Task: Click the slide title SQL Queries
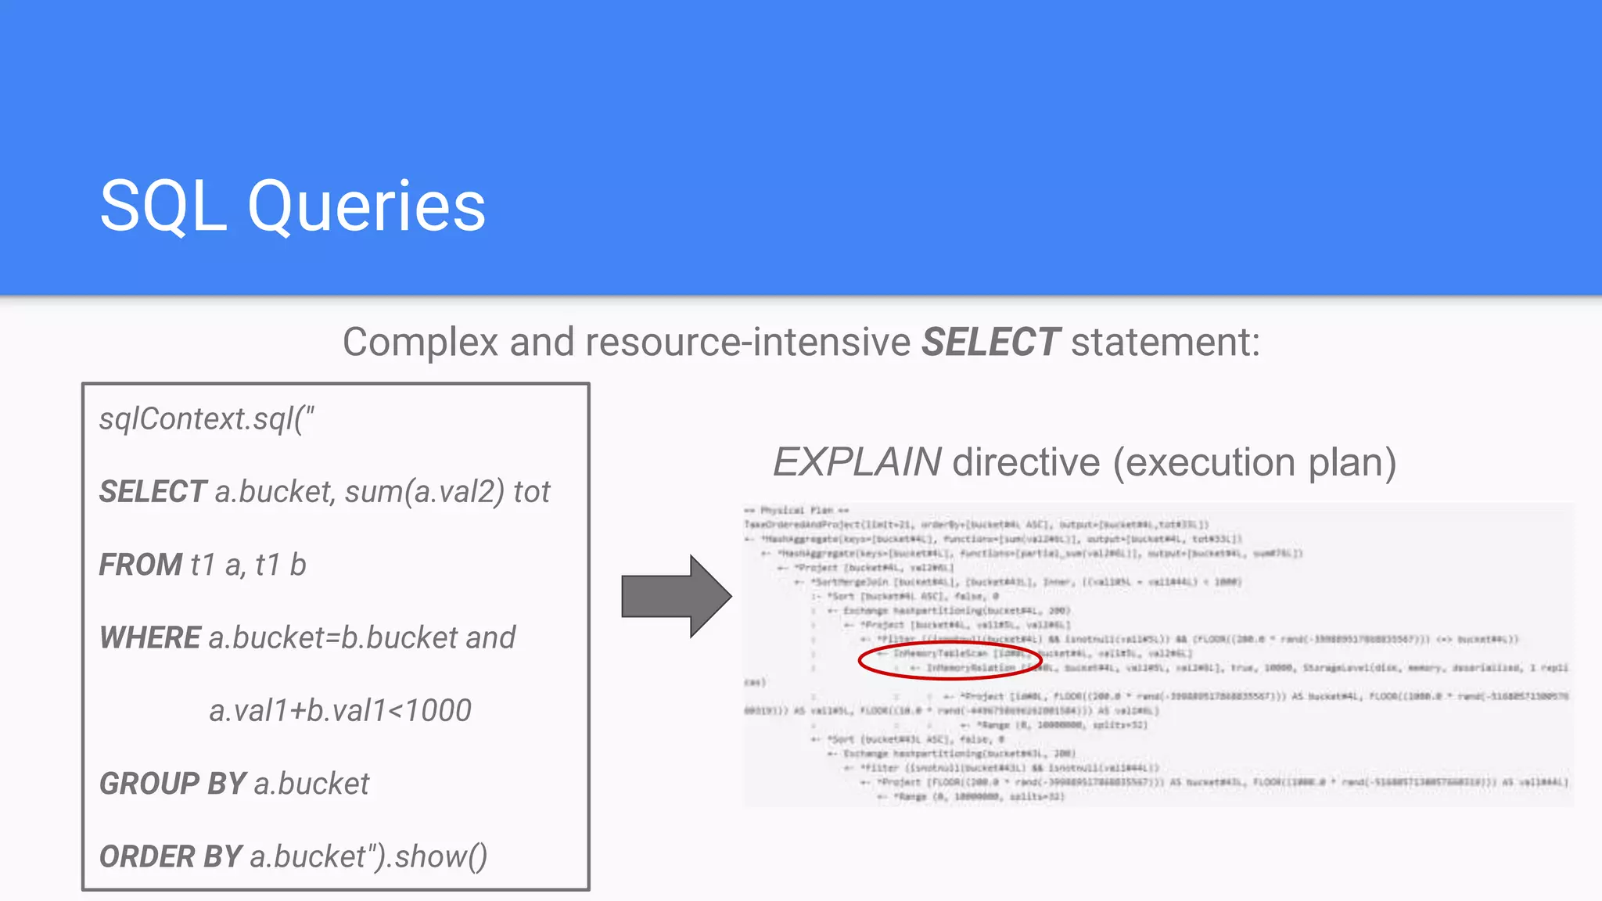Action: pos(293,206)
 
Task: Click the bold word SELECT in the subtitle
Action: pos(990,343)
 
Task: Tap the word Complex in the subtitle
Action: pos(420,343)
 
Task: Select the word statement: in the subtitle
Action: pos(1166,343)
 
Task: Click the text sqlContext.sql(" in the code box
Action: pos(207,419)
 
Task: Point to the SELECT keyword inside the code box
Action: pos(153,492)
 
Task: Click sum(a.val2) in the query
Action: pos(425,492)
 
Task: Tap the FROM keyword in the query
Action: pos(140,565)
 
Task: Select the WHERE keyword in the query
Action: pos(150,637)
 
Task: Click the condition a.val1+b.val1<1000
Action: pos(340,710)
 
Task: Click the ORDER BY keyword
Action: pos(170,856)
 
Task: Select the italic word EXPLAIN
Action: pos(857,462)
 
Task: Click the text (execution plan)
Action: pos(1254,462)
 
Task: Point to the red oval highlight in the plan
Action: pos(950,661)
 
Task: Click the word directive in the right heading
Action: pos(1026,462)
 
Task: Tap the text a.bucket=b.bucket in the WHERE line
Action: pos(332,637)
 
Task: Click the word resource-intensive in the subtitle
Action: pos(748,343)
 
